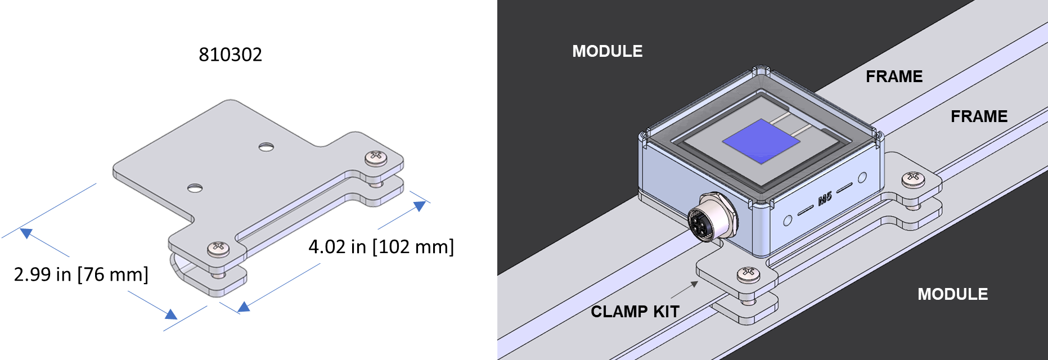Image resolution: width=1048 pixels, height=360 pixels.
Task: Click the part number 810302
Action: point(230,55)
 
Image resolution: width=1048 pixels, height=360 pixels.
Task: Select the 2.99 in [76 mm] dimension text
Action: point(81,274)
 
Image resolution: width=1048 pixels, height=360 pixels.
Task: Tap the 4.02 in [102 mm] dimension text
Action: point(381,246)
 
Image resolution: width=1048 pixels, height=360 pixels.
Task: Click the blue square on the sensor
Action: point(761,141)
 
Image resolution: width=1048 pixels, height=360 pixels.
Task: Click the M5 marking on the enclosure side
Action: point(825,197)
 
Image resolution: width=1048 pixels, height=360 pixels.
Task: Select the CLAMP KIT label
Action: point(635,312)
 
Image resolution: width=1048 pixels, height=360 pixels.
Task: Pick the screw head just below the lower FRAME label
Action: point(913,179)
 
